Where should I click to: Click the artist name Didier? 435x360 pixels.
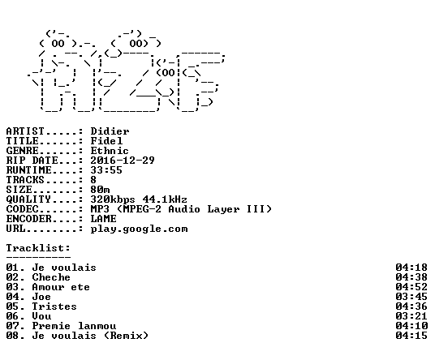[x=110, y=131]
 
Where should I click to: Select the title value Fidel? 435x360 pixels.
[x=106, y=141]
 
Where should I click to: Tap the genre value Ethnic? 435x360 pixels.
[x=110, y=151]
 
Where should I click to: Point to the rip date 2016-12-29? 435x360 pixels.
[x=123, y=161]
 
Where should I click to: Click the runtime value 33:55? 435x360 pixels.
[x=106, y=170]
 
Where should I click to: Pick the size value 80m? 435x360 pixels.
[x=100, y=190]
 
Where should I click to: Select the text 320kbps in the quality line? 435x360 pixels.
[x=113, y=199]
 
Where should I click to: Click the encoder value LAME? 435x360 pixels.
[x=104, y=219]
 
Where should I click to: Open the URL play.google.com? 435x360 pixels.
[x=140, y=229]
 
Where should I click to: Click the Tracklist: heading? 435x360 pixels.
[x=38, y=248]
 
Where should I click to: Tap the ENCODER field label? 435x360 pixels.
[x=29, y=219]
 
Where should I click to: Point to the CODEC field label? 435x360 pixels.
[x=23, y=209]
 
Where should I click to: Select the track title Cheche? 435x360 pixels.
[x=51, y=277]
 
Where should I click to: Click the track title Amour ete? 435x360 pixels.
[x=61, y=287]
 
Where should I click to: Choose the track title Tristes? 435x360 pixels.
[x=54, y=306]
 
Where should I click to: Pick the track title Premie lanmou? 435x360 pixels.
[x=74, y=326]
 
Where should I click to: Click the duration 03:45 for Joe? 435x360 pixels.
[x=411, y=297]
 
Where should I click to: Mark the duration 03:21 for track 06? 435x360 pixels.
[x=411, y=316]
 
